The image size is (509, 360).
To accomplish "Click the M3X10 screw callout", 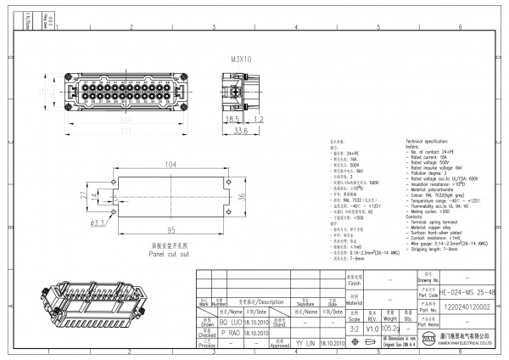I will pyautogui.click(x=241, y=60).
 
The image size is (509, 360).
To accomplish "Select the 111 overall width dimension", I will pyautogui.click(x=124, y=132).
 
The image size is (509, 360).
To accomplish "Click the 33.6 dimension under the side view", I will pyautogui.click(x=241, y=132).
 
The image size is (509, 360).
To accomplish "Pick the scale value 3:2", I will pyautogui.click(x=355, y=327).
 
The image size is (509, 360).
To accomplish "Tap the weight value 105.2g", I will pyautogui.click(x=390, y=327).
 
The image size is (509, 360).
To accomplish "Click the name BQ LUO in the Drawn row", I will pyautogui.click(x=231, y=323).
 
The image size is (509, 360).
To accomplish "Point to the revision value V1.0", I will pyautogui.click(x=372, y=327).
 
